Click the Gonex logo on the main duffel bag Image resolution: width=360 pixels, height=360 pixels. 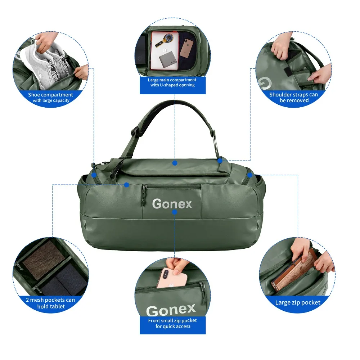tap(172, 204)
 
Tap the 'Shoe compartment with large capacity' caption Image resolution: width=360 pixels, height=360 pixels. tap(50, 97)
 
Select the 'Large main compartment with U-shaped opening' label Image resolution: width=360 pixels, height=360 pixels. tap(172, 82)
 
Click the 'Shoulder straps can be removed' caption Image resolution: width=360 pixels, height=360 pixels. tap(294, 97)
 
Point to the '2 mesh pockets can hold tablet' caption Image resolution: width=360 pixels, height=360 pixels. tap(50, 303)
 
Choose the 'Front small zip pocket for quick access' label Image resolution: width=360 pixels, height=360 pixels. tap(173, 323)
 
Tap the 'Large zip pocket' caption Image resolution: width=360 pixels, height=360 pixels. tap(298, 302)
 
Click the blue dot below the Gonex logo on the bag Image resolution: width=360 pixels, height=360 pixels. tap(175, 212)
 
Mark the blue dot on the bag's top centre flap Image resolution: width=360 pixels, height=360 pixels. tap(175, 163)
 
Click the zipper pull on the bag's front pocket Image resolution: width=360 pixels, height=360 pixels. tap(144, 195)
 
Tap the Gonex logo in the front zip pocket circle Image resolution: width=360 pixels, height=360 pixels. tap(171, 310)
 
